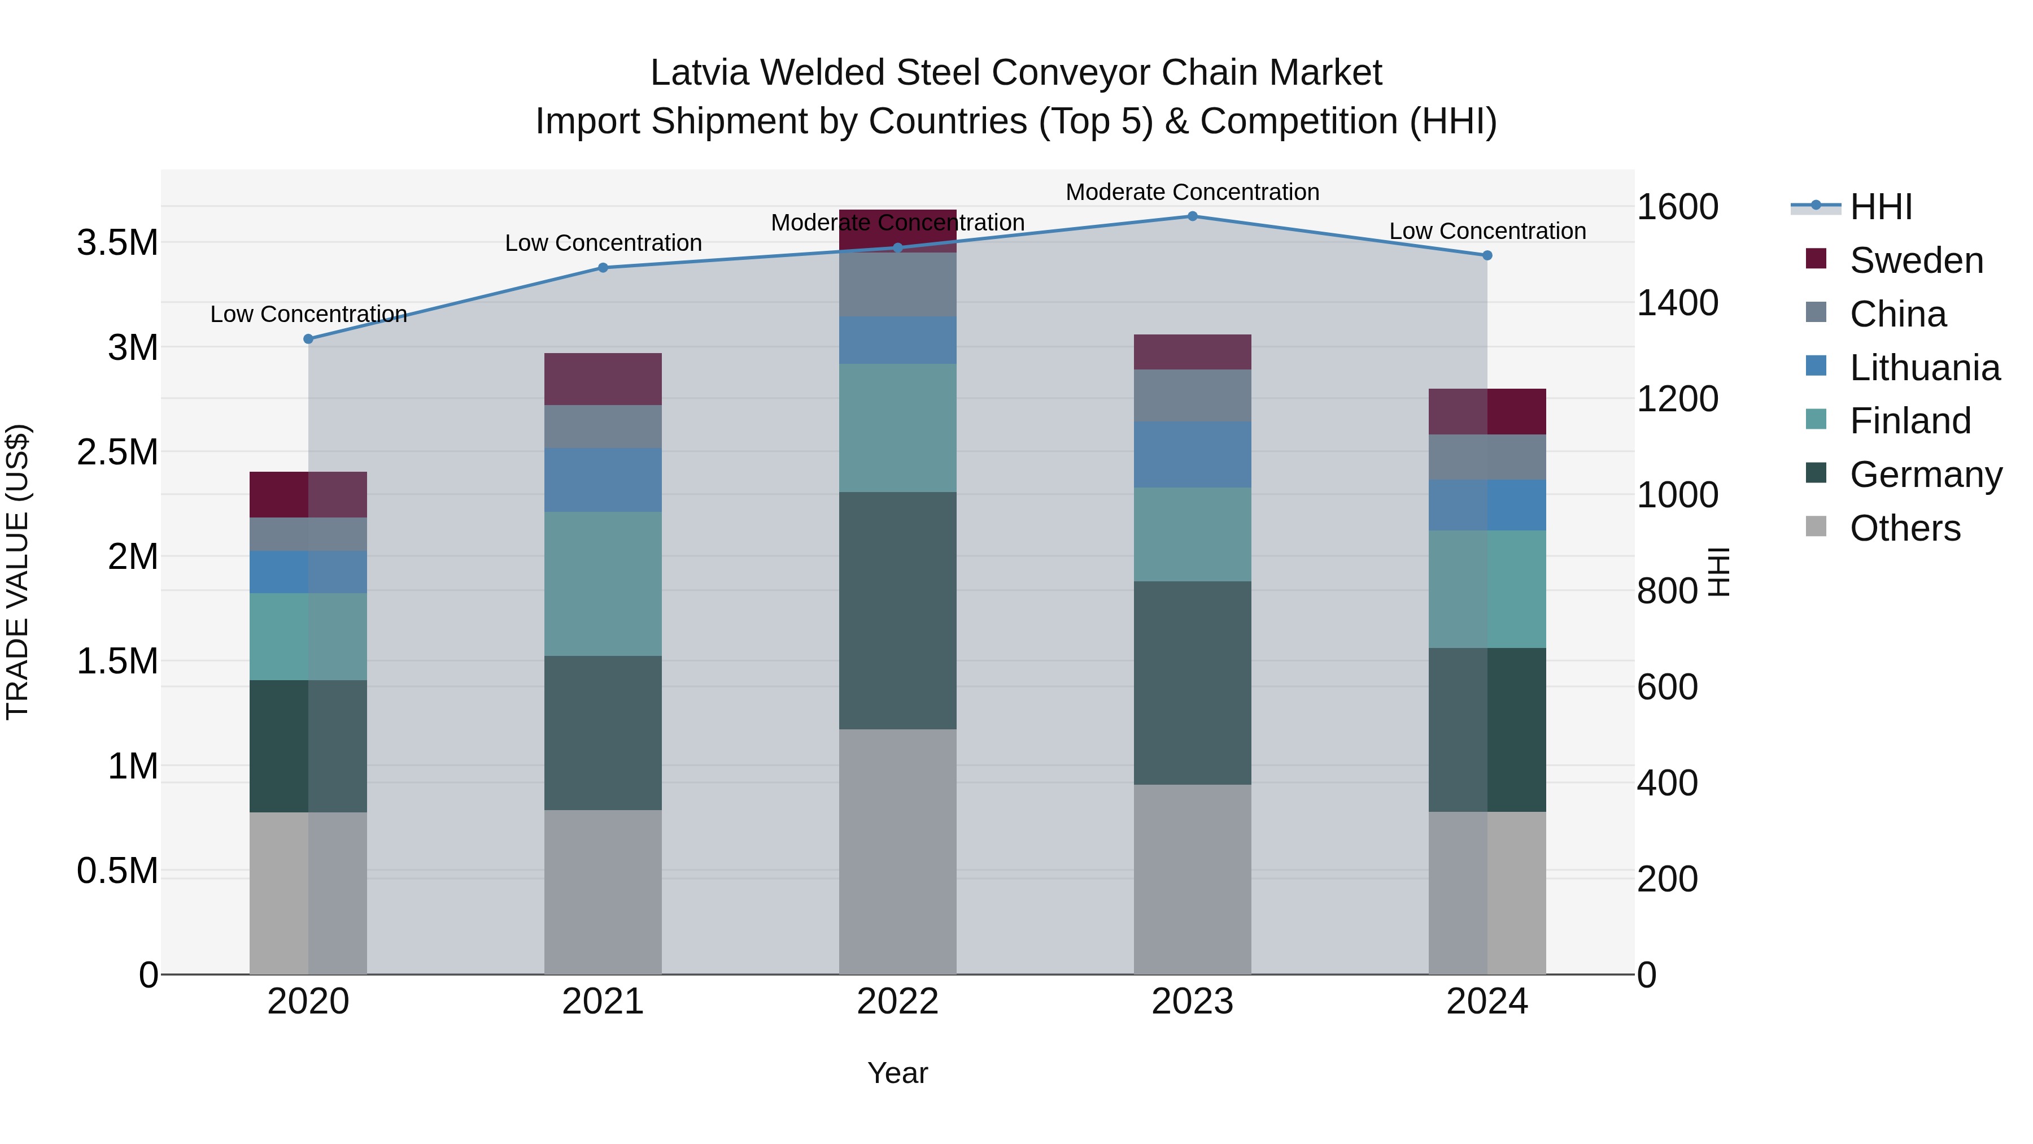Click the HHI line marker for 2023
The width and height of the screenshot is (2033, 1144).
tap(1192, 216)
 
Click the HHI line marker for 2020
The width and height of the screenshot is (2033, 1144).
tap(308, 339)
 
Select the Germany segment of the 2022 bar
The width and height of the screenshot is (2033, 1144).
tap(897, 610)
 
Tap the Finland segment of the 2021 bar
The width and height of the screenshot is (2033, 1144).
tap(603, 584)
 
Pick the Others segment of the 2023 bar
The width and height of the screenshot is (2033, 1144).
tap(1192, 878)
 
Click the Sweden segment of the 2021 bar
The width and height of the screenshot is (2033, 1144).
tap(603, 379)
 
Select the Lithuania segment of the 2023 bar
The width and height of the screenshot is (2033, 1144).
tap(1192, 454)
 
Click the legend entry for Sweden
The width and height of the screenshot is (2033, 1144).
tap(1916, 260)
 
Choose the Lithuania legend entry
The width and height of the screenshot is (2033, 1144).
tap(1923, 368)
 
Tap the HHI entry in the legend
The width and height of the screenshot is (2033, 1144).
tap(1880, 207)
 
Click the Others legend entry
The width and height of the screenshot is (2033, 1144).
tap(1904, 528)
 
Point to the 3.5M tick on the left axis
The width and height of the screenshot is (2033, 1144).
tap(117, 242)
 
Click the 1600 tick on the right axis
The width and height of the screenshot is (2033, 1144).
tap(1677, 207)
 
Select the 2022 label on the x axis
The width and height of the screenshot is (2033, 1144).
tap(897, 1002)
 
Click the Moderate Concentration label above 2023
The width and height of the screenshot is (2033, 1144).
tap(1192, 192)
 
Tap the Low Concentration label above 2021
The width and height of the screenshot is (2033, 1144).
tap(603, 243)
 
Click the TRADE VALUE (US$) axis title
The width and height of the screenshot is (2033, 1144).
tap(18, 572)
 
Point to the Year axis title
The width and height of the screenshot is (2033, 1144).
tap(897, 1073)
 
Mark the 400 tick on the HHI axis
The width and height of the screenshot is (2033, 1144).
tap(1667, 783)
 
